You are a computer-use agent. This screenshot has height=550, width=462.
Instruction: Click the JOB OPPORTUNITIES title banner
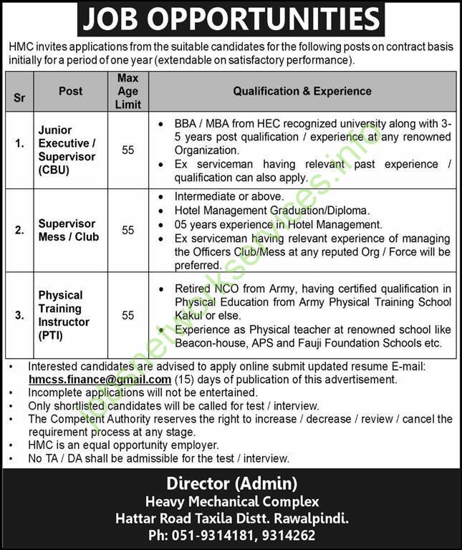click(x=231, y=19)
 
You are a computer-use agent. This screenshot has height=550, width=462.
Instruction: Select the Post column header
click(x=70, y=91)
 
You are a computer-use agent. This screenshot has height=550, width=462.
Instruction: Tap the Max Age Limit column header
click(x=127, y=91)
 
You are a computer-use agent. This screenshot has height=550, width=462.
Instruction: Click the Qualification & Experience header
click(x=302, y=91)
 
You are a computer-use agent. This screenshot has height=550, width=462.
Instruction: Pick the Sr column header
click(x=19, y=97)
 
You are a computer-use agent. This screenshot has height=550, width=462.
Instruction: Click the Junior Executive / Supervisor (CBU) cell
click(x=67, y=150)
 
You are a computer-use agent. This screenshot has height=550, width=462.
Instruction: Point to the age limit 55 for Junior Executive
click(x=127, y=150)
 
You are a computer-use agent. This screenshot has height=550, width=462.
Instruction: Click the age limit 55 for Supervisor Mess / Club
click(x=127, y=230)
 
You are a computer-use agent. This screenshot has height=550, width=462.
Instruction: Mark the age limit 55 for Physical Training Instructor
click(x=127, y=315)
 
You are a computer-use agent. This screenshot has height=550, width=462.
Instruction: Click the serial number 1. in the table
click(x=19, y=150)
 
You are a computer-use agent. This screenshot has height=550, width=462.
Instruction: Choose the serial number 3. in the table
click(x=19, y=315)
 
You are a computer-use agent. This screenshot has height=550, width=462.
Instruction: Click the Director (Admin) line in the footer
click(x=231, y=483)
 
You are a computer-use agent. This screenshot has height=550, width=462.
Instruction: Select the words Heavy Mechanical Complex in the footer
click(x=231, y=501)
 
